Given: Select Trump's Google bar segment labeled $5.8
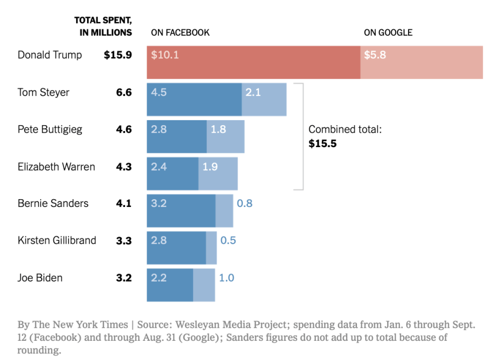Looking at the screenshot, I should click(421, 62).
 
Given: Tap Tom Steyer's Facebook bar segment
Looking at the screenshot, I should click(194, 99).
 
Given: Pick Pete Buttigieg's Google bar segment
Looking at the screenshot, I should click(225, 137).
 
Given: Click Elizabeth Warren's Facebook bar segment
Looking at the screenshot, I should click(173, 173).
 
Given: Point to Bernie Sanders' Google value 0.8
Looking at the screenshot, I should click(245, 204).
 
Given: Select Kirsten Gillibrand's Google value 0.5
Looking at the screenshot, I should click(228, 240).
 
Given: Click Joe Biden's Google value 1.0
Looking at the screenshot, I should click(226, 278).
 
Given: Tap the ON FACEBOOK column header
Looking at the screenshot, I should click(180, 32).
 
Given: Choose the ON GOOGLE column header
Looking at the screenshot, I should click(388, 32).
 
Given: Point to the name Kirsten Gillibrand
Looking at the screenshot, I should click(57, 240).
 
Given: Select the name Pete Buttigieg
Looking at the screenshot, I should click(50, 130).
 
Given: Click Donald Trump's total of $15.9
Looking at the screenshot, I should click(118, 55).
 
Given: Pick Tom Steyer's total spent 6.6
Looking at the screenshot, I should click(124, 93).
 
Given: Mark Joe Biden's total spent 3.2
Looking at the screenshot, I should click(124, 278).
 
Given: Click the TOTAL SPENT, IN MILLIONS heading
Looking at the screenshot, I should click(103, 26).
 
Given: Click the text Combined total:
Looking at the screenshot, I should click(345, 130).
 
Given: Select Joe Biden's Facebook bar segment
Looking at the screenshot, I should click(170, 284).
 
